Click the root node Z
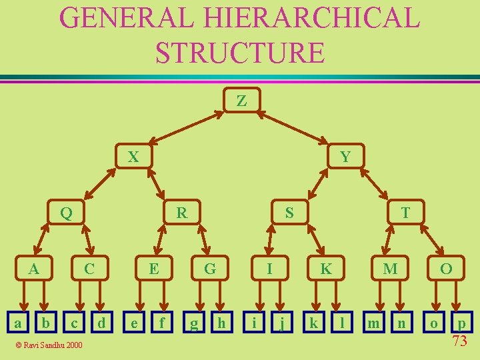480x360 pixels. coord(241,101)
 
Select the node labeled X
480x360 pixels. coord(134,157)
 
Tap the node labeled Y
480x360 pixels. coord(345,157)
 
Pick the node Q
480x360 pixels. coord(66,213)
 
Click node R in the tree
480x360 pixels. coord(181,213)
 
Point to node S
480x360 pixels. coord(289,213)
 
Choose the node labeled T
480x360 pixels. coord(405,213)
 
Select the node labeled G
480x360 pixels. coord(210,269)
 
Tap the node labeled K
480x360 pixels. coord(326,269)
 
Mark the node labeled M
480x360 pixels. coord(391,269)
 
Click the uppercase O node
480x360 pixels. coord(446,269)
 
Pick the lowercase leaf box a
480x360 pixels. coord(19,323)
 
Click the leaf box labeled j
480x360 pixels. coord(283,323)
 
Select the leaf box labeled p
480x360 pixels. coord(461,323)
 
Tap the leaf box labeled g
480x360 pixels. coord(194,323)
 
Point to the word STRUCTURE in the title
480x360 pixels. coord(240,52)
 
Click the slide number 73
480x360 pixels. coord(459,342)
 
